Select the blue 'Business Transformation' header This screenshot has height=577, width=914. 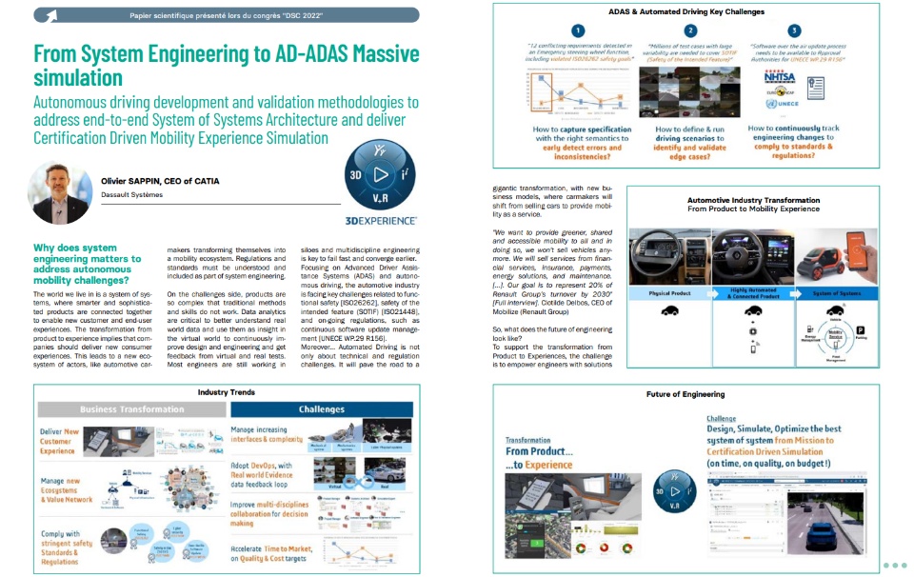click(x=132, y=409)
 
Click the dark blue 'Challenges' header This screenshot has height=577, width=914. click(x=321, y=409)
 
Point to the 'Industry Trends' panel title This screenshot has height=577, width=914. click(x=226, y=391)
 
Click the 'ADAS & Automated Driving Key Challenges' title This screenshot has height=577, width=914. click(x=687, y=11)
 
